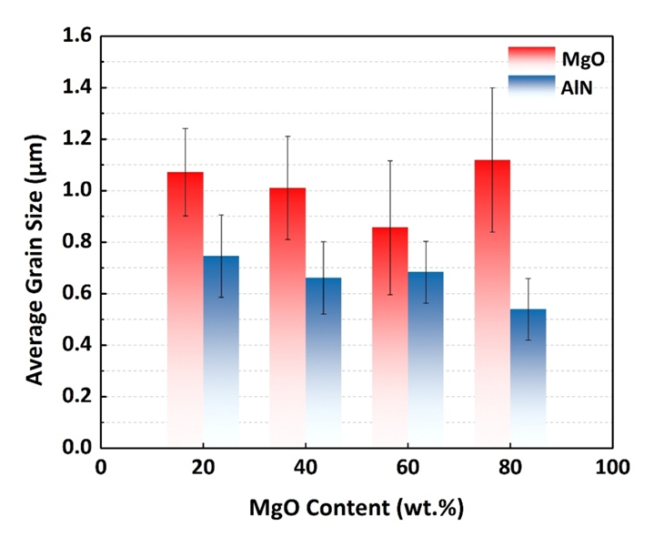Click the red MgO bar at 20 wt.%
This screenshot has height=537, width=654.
coord(186,309)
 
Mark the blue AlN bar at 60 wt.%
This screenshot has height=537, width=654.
coord(426,360)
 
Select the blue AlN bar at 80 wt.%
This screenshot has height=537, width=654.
coord(528,378)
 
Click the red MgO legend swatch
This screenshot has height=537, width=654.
coord(530,56)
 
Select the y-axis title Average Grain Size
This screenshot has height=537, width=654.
coord(34,242)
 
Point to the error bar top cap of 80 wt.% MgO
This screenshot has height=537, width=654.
coord(493,88)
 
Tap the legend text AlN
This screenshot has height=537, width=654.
coord(584,87)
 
